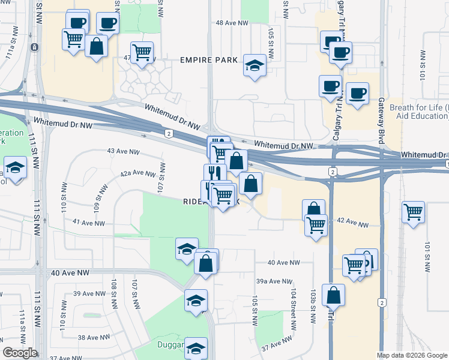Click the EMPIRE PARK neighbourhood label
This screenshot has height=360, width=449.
coord(209,60)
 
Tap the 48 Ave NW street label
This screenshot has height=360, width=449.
coord(232,23)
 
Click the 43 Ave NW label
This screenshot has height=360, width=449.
coord(123,151)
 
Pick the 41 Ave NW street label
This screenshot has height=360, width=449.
coord(88,223)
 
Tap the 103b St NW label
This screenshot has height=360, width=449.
coord(313,307)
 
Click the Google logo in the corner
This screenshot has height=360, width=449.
coord(20,353)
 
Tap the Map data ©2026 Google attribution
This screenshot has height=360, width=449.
coord(412,355)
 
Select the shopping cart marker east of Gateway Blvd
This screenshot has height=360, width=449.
coord(413,212)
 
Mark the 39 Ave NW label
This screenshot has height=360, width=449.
coord(89,293)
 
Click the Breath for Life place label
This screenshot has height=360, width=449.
coord(419,107)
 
